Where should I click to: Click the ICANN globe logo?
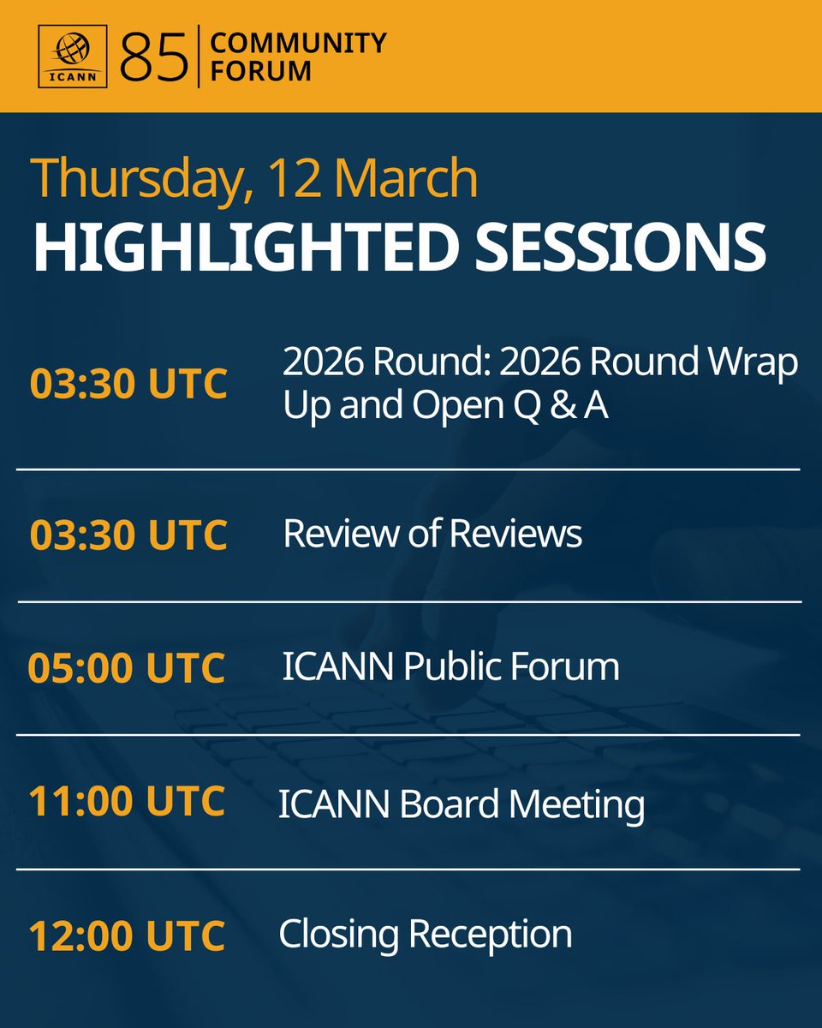[73, 56]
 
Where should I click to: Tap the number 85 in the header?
[154, 57]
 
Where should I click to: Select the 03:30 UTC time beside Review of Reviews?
[128, 535]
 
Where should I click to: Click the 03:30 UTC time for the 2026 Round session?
[128, 385]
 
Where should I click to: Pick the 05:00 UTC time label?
[127, 668]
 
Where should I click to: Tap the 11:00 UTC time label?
[127, 802]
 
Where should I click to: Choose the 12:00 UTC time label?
[127, 935]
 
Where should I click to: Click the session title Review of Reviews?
[432, 534]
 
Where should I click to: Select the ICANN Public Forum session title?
[450, 666]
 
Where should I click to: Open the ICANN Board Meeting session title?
[462, 804]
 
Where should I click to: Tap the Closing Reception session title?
[426, 934]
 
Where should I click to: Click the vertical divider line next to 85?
[199, 57]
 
